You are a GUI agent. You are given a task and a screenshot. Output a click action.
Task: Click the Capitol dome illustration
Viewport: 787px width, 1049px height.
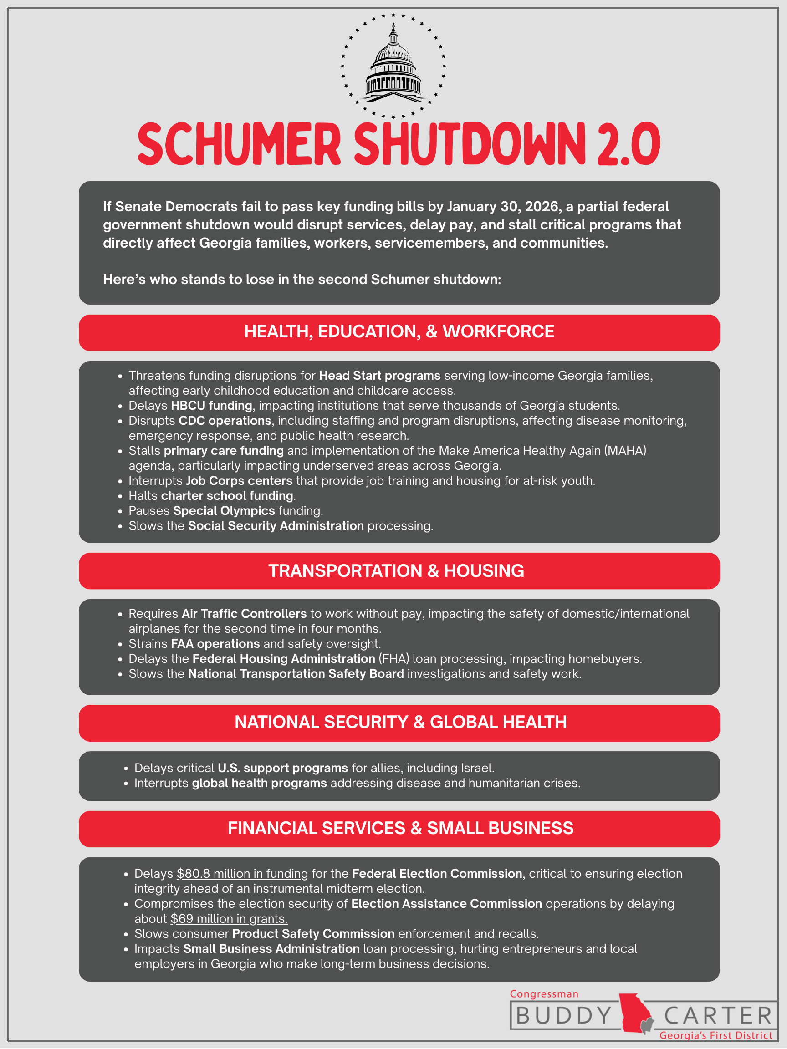[393, 66]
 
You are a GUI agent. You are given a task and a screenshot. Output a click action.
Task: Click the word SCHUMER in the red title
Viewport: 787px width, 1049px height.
[239, 144]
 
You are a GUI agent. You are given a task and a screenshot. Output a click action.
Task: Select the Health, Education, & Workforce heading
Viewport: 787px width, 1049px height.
[399, 331]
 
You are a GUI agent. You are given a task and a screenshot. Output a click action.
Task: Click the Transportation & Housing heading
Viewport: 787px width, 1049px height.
[396, 570]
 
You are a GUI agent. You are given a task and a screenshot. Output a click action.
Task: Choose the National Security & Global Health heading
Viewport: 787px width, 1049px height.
[400, 722]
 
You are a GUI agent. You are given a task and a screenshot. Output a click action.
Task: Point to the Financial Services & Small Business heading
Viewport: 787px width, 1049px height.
[400, 828]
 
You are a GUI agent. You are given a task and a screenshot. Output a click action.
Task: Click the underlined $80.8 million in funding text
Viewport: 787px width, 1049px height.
[242, 874]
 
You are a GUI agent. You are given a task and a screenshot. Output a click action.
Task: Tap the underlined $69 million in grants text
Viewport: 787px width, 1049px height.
[229, 919]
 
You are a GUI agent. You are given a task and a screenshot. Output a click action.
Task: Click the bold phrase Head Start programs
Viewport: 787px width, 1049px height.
[379, 376]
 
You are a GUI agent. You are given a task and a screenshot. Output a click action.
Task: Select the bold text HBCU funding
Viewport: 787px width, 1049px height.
[212, 406]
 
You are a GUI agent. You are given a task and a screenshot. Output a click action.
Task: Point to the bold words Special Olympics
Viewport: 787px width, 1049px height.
[224, 511]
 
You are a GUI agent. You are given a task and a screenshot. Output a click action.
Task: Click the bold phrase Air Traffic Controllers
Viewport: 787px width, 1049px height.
[244, 614]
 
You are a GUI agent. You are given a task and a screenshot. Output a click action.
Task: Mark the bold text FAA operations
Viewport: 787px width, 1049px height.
[215, 643]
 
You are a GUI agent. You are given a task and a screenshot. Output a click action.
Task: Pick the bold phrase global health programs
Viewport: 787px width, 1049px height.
[259, 783]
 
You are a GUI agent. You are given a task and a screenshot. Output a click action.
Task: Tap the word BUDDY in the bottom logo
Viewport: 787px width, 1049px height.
[563, 1016]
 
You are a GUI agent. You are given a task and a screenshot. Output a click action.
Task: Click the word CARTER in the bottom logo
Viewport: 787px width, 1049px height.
[718, 1016]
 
